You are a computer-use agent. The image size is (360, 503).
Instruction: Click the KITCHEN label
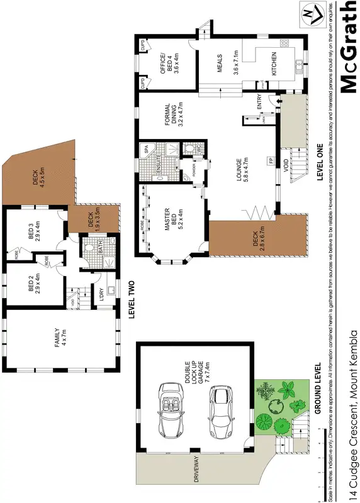tap(273, 64)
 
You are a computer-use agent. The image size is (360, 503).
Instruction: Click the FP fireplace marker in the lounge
tap(271, 161)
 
